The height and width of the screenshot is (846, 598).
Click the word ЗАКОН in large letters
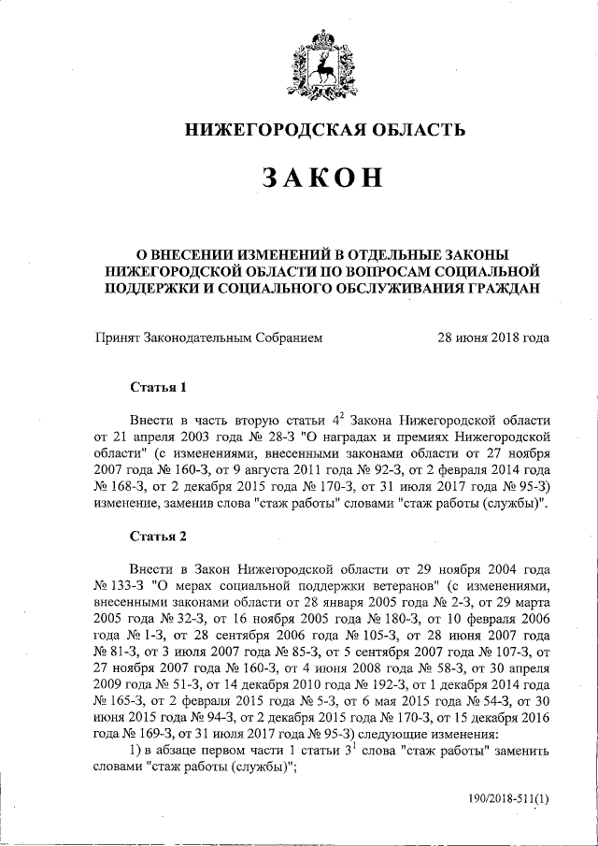pyautogui.click(x=323, y=179)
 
